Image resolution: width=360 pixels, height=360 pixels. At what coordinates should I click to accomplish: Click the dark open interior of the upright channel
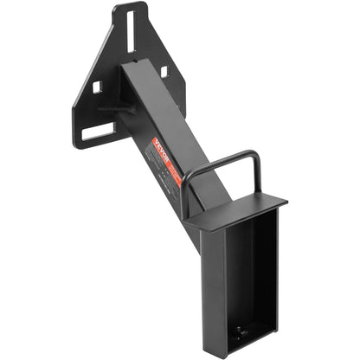point(248,277)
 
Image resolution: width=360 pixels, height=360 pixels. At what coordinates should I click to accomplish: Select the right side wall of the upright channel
point(275,277)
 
